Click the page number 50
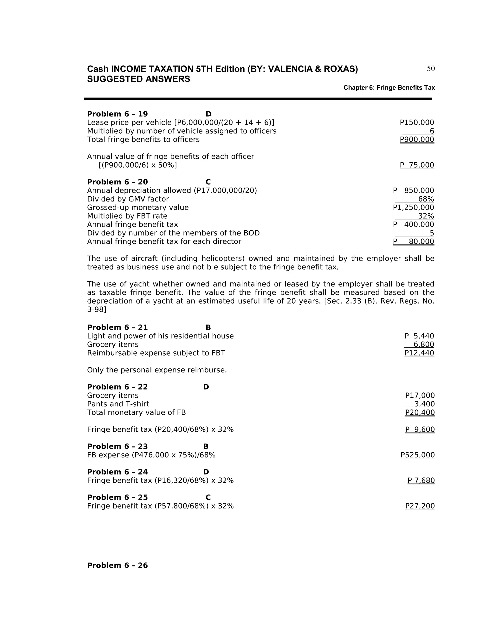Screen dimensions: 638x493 coord(430,69)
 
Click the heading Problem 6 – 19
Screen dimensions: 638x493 coord(117,114)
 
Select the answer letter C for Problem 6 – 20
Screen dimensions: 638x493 coord(208,182)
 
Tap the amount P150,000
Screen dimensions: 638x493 coord(417,122)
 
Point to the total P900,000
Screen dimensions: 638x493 coord(417,139)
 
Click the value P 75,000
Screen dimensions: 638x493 coord(417,165)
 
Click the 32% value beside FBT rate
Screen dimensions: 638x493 coord(426,216)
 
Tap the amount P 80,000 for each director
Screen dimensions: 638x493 coord(414,241)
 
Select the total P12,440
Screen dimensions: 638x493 coord(419,353)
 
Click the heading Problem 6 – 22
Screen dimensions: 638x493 coord(117,387)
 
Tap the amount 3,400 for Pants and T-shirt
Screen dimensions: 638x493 coord(424,404)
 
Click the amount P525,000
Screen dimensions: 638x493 coord(418,455)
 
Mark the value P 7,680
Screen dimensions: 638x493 coord(421,480)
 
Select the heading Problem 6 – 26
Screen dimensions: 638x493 coord(117,565)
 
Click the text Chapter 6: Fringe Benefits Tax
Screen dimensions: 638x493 coord(389,88)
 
